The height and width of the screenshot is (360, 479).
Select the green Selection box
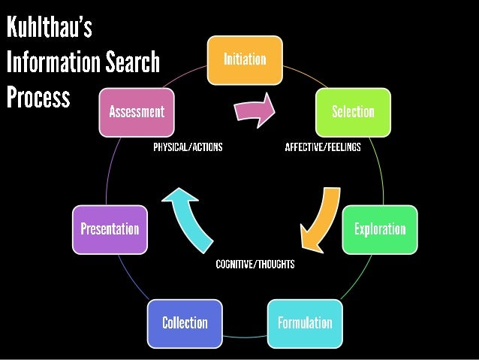point(353,111)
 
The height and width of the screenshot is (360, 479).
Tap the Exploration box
point(379,228)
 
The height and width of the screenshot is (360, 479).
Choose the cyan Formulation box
point(305,322)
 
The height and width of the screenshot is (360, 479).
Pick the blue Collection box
point(185,322)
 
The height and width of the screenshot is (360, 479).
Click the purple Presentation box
point(110,228)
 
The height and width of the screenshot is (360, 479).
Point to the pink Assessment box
point(137,111)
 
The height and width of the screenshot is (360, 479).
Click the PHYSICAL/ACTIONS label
point(188,147)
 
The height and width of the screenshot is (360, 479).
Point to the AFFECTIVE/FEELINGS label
point(323,147)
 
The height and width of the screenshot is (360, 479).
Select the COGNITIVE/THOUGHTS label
point(255,264)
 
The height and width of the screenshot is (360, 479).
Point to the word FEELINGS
point(342,147)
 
